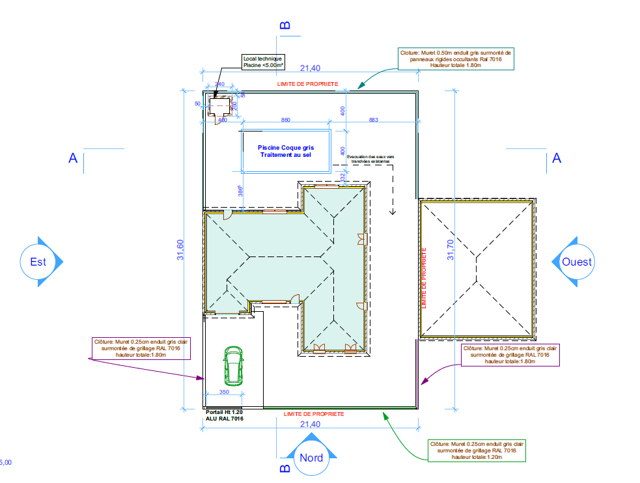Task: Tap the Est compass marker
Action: (x=38, y=262)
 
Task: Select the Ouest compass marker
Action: (x=577, y=262)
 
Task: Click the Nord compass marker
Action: (x=311, y=457)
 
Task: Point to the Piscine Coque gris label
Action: (x=286, y=151)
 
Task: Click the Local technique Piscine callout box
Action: (x=263, y=62)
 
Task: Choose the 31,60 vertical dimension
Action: (x=180, y=251)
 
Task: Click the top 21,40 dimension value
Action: (x=310, y=68)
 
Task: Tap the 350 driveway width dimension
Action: (x=223, y=393)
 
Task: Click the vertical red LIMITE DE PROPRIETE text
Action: (x=424, y=277)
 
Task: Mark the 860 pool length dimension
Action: (x=286, y=120)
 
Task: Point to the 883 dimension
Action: (x=374, y=120)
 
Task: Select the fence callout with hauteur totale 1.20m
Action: (x=477, y=450)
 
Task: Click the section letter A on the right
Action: (x=556, y=158)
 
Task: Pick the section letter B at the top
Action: (x=285, y=25)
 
